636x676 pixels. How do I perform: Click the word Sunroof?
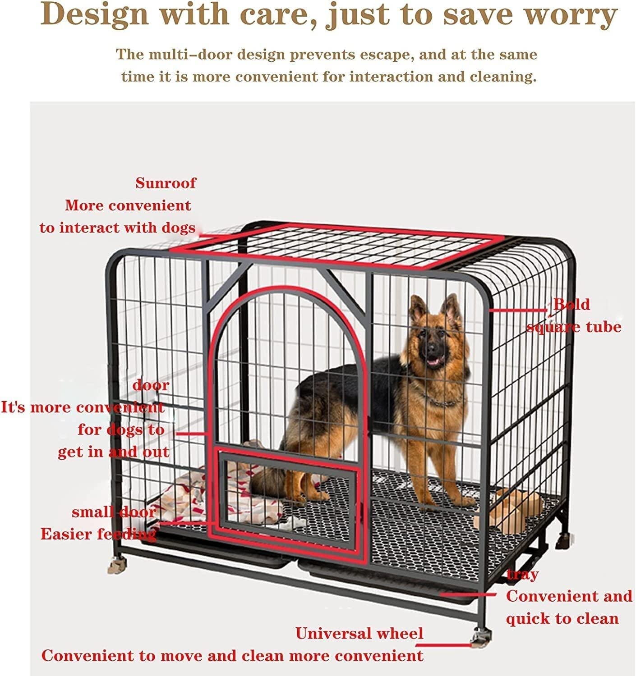coord(166,183)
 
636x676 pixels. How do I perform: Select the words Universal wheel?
coord(359,634)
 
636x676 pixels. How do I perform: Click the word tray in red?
coord(522,574)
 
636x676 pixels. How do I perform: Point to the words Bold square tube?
coord(574,315)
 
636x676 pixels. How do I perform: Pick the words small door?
coord(114,512)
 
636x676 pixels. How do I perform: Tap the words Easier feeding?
coord(98,534)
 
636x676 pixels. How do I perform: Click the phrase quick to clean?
coord(562,618)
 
